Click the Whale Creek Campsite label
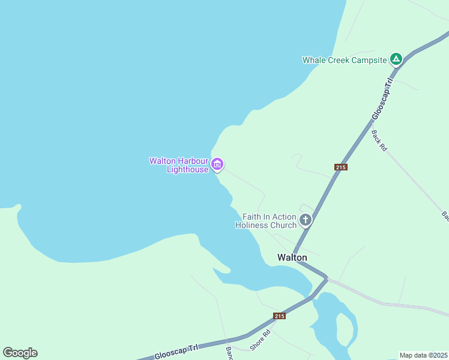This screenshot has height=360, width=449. click(x=344, y=60)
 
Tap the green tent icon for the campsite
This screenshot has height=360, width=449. click(x=396, y=59)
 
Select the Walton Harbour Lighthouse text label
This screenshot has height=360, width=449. click(x=178, y=165)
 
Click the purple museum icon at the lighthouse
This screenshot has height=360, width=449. click(x=217, y=164)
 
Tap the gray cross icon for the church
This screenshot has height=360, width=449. click(x=306, y=220)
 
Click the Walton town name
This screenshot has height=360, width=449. click(x=292, y=257)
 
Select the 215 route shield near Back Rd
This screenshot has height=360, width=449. click(x=341, y=167)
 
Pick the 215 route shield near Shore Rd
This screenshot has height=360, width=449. click(x=279, y=316)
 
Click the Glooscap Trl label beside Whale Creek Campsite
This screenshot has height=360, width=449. click(x=382, y=98)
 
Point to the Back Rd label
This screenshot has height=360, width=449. click(x=378, y=138)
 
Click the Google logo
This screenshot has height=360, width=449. click(x=20, y=353)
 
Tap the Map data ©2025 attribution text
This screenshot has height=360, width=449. click(x=423, y=355)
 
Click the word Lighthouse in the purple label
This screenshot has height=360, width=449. click(x=187, y=170)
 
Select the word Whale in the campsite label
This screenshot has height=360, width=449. click(x=315, y=60)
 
